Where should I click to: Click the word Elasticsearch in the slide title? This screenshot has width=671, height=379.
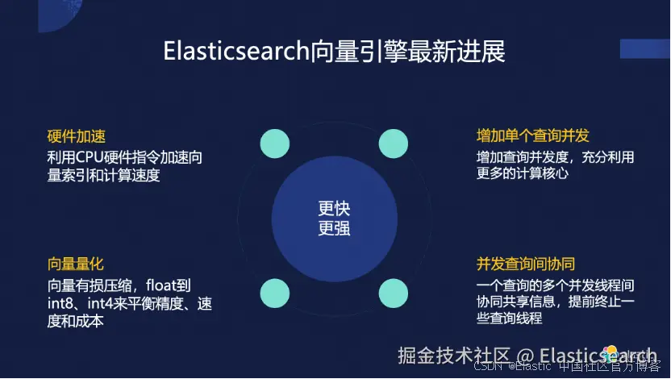[236, 52]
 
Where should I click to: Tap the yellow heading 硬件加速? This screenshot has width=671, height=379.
[76, 136]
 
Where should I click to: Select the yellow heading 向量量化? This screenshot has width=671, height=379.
[76, 264]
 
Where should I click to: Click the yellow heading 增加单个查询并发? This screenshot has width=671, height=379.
[533, 135]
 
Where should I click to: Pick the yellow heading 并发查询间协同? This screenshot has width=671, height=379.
[526, 264]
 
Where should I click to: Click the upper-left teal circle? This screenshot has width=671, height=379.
[275, 144]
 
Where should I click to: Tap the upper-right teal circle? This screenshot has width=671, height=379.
[394, 144]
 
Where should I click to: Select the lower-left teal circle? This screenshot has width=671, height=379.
[275, 293]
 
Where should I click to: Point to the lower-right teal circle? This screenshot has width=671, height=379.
[394, 293]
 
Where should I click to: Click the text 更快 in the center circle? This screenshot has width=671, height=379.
[334, 209]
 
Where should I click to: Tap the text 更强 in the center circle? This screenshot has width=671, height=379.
[334, 228]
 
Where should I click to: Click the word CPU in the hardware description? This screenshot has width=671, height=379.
[89, 157]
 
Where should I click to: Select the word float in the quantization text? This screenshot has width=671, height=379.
[161, 285]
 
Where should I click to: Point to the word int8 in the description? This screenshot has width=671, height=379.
[60, 303]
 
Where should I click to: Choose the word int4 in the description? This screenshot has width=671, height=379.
[100, 303]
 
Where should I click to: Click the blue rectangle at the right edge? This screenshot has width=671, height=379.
[645, 48]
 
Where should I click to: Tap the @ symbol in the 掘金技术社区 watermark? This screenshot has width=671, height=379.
[525, 356]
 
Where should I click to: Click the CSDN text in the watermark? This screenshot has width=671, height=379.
[488, 366]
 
